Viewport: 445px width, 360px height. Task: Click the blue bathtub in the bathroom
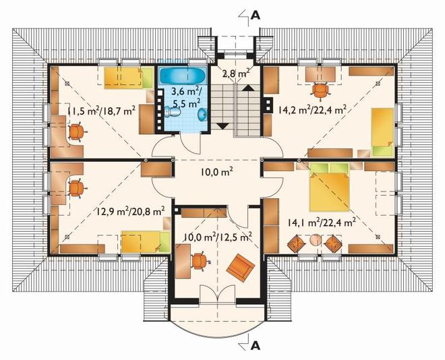pos(182,75)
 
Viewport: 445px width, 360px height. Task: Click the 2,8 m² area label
pos(236,73)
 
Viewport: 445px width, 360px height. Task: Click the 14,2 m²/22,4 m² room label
pos(312,109)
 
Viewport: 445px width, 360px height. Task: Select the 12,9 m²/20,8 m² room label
pos(131,211)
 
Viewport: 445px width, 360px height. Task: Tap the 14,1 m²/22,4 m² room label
pos(322,223)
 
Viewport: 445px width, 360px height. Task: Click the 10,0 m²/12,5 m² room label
pos(218,237)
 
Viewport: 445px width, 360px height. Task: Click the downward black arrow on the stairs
pos(222,126)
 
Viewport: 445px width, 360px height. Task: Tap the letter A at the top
pos(256,16)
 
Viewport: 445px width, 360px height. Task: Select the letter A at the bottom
pos(256,346)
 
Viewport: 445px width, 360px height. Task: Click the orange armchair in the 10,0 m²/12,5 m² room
pos(241,268)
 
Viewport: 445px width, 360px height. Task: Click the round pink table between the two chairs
pos(315,240)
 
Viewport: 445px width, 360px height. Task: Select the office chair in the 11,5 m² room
pos(77,132)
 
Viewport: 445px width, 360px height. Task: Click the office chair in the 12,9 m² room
pos(77,188)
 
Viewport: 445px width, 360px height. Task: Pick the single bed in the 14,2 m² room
pos(382,132)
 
